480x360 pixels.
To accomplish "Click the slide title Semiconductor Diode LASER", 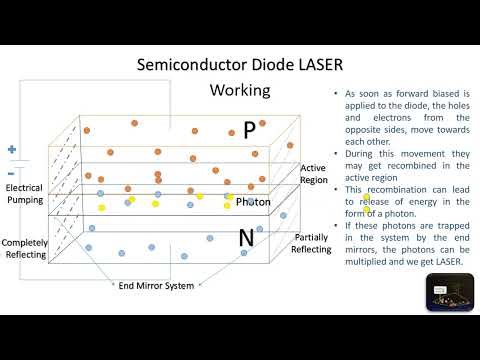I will [x=239, y=65].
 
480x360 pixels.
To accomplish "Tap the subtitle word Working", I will [x=239, y=90].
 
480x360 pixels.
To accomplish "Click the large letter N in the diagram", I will [x=245, y=238].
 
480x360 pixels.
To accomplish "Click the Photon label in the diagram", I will [x=253, y=202].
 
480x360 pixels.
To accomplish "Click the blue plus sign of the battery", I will [x=12, y=150].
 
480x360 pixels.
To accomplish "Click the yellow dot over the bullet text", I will [x=366, y=196].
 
